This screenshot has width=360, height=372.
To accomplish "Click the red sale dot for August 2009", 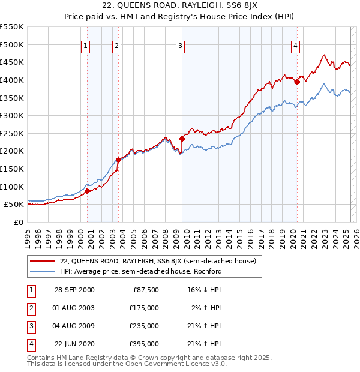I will (x=182, y=139).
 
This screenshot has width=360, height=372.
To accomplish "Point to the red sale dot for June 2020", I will (x=297, y=82).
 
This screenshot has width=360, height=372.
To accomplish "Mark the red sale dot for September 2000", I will (x=88, y=191).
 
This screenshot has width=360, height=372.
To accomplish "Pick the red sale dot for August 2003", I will (x=118, y=160).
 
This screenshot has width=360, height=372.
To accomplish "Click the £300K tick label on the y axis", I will (x=12, y=115).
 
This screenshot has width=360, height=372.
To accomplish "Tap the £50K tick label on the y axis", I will (x=14, y=205).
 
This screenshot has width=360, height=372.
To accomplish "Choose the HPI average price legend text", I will (x=141, y=271).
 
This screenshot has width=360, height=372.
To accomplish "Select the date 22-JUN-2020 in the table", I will (x=74, y=344).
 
